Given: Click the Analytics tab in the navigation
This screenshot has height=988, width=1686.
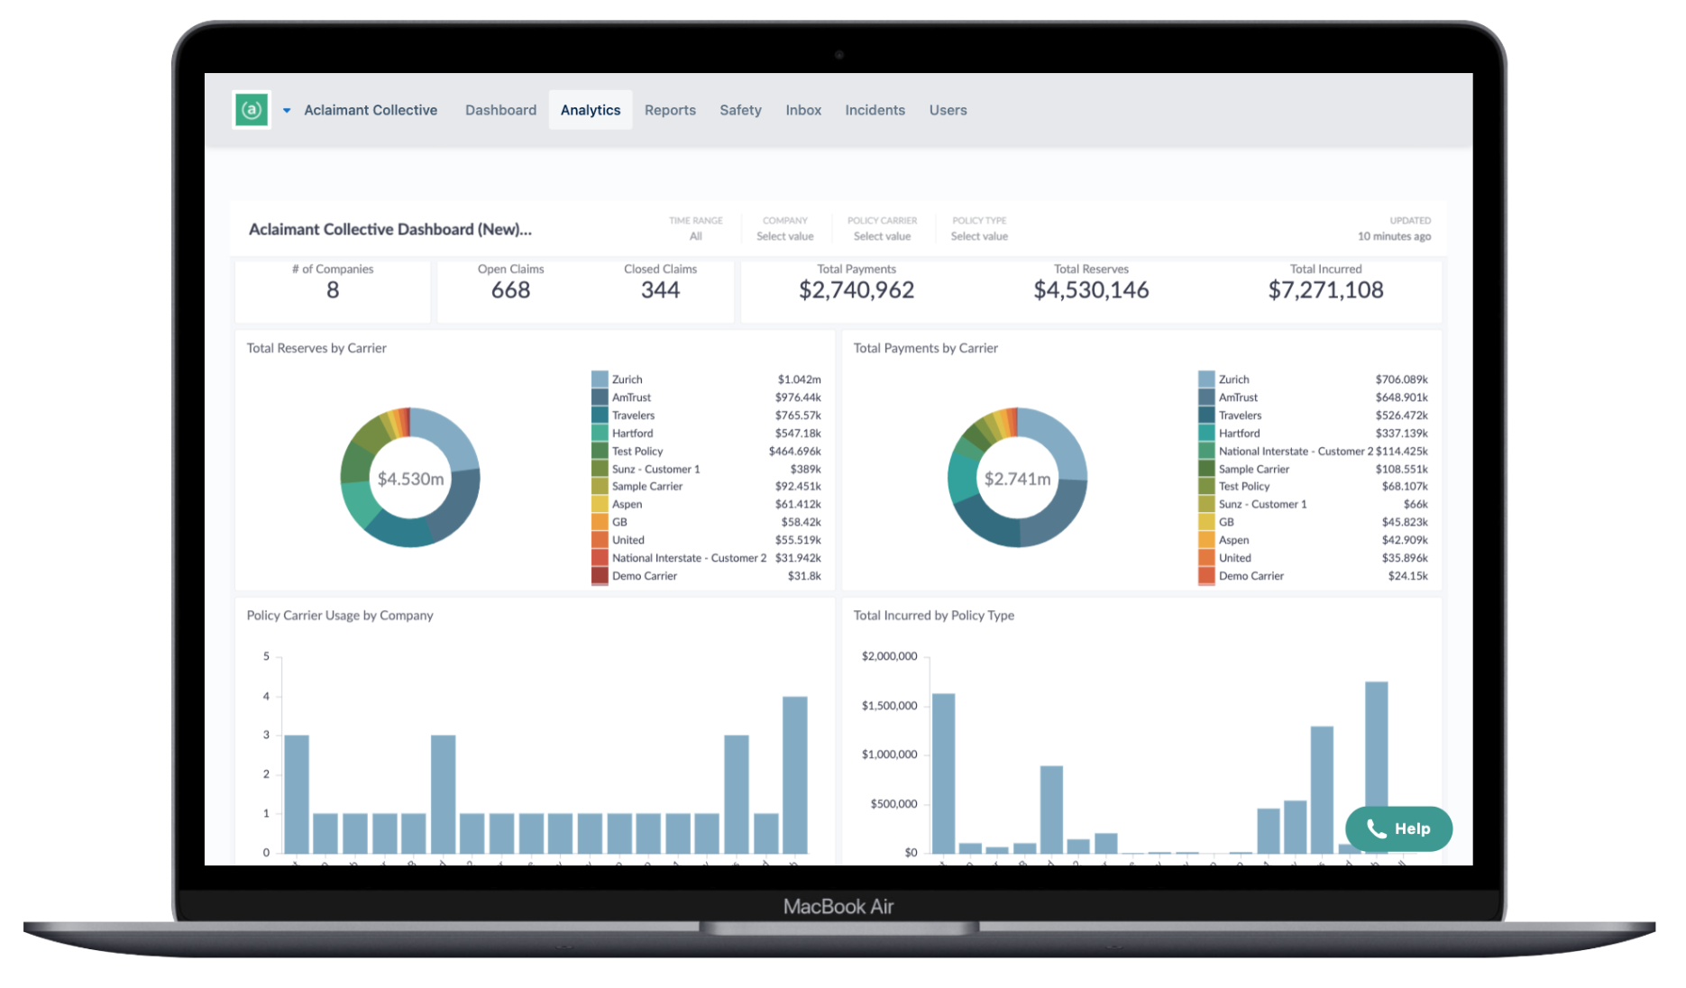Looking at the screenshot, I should pyautogui.click(x=590, y=110).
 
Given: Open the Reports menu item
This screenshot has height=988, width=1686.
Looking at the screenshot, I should pyautogui.click(x=670, y=110).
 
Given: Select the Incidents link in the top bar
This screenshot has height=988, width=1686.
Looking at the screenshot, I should pyautogui.click(x=875, y=110).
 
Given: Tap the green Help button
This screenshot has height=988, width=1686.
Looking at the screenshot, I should pyautogui.click(x=1398, y=828).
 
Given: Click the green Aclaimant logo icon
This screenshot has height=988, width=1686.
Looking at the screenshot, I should pyautogui.click(x=252, y=110).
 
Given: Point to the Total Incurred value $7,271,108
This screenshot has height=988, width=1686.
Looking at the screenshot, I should pyautogui.click(x=1324, y=290).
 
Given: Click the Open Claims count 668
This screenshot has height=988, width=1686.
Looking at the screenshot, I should pyautogui.click(x=510, y=290).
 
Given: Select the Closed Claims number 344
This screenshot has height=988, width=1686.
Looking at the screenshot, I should pyautogui.click(x=660, y=290).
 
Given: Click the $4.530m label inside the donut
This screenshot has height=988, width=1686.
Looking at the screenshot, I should pyautogui.click(x=410, y=479).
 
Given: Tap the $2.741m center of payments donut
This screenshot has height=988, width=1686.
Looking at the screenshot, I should pyautogui.click(x=1017, y=479).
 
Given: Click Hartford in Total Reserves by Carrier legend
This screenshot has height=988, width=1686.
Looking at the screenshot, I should pyautogui.click(x=632, y=434).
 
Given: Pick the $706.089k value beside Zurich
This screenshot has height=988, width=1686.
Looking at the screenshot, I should pyautogui.click(x=1401, y=380).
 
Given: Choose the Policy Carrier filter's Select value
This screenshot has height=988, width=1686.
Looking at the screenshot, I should pyautogui.click(x=882, y=236).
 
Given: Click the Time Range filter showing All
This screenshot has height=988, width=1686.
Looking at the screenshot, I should pyautogui.click(x=695, y=236).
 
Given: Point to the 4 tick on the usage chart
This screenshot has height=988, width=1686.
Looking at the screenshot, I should pyautogui.click(x=266, y=696).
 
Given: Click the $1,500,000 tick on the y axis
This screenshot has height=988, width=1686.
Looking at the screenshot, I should pyautogui.click(x=889, y=706).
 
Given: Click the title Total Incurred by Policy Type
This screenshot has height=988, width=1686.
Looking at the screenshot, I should pyautogui.click(x=933, y=616).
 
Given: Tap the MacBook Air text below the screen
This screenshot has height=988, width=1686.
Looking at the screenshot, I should pyautogui.click(x=838, y=907).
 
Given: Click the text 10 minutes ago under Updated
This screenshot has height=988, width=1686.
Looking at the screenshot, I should pyautogui.click(x=1394, y=236).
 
